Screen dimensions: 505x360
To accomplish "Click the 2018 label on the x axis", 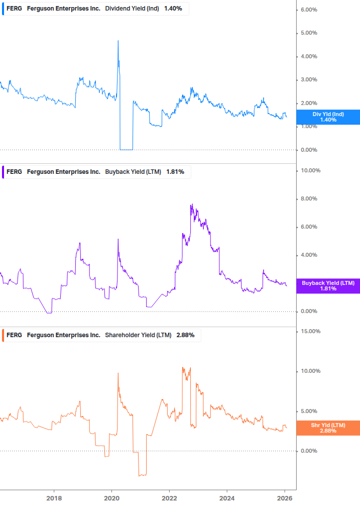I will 54,497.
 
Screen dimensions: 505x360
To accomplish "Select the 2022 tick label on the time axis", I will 169,497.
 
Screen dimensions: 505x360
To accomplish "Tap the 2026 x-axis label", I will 284,497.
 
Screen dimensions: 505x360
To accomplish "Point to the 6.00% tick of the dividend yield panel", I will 309,10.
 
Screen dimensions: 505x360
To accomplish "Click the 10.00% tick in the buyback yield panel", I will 310,171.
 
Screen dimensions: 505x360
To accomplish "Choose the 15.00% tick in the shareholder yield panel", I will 310,332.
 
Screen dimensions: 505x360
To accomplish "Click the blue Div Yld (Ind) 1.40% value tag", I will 328,117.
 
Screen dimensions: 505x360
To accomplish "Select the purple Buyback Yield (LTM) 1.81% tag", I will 328,286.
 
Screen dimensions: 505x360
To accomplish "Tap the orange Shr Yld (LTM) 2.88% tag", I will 328,428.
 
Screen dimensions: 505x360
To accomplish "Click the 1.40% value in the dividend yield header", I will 173,9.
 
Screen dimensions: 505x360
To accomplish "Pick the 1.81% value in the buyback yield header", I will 175,172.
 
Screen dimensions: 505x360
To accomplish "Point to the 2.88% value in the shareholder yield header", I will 185,335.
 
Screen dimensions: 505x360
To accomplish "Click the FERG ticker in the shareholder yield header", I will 14,335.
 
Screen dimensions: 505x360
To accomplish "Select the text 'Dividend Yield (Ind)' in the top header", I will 133,9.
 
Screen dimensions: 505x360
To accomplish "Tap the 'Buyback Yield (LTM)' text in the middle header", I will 133,172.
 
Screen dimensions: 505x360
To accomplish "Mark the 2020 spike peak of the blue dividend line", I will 118,41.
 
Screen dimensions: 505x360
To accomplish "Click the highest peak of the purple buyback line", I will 192,205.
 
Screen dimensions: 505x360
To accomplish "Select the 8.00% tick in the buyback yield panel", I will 309,199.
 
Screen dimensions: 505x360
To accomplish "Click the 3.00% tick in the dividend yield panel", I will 309,80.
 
